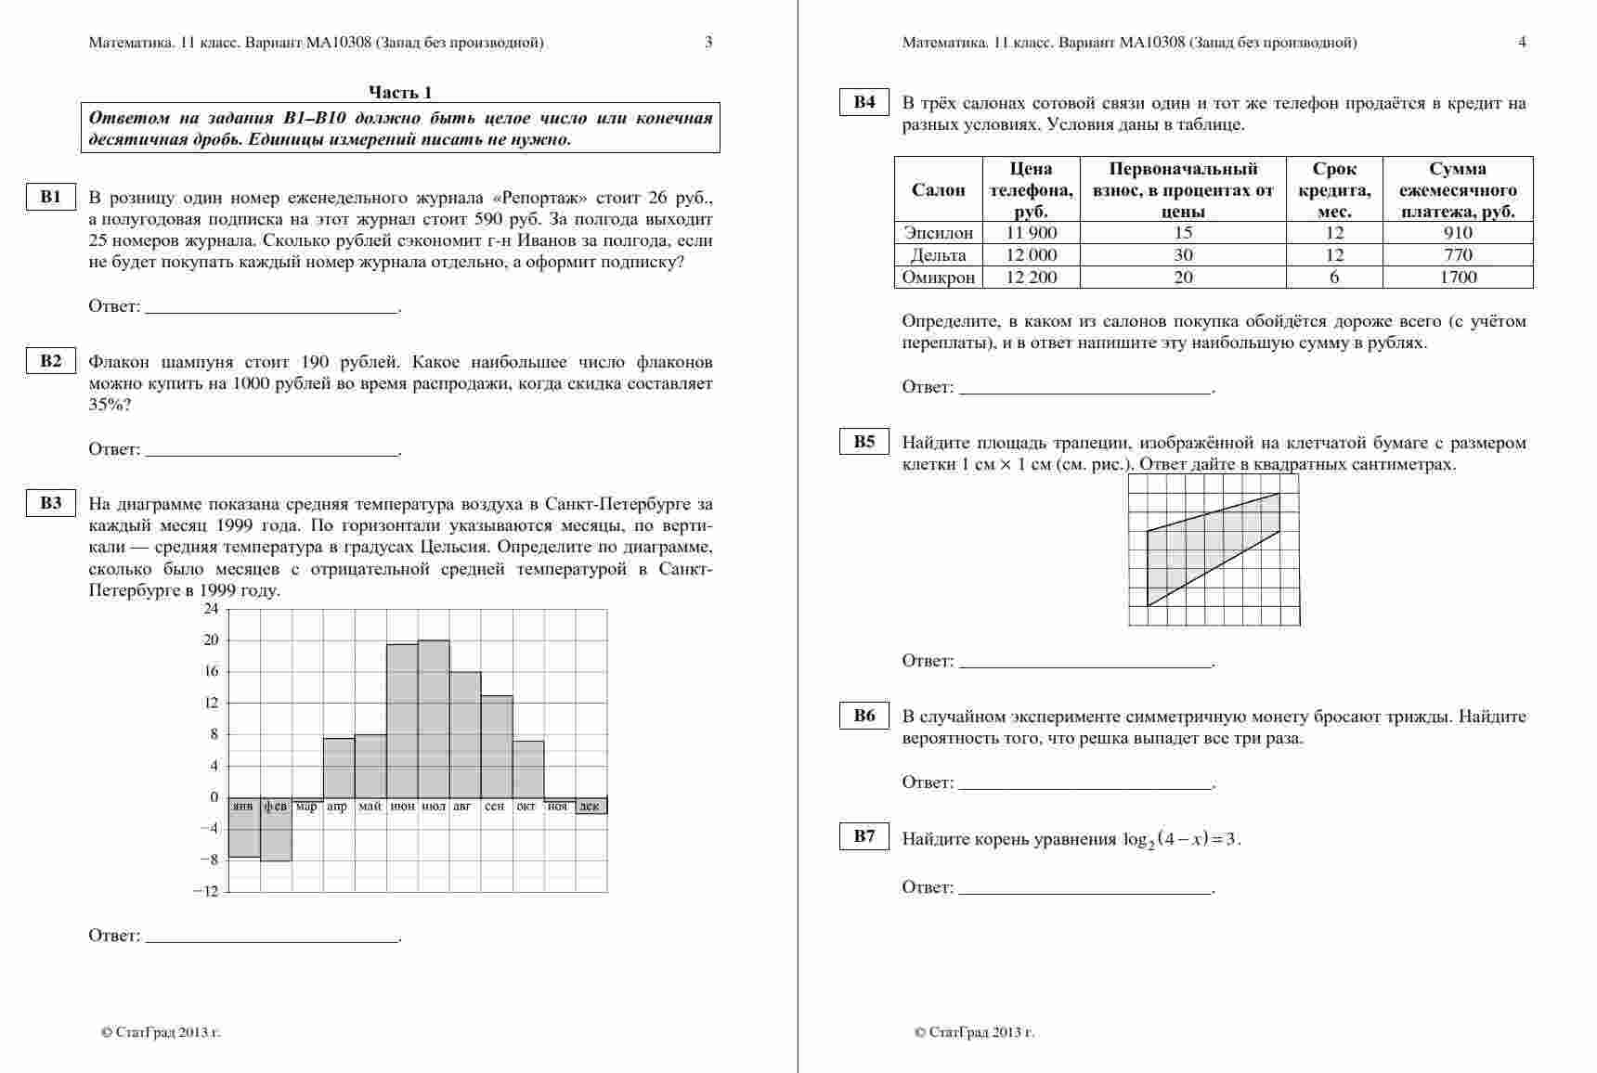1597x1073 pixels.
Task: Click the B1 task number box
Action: [50, 198]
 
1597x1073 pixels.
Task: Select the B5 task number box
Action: [864, 443]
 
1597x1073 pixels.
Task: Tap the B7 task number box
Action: [864, 837]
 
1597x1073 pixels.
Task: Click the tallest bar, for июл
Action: [434, 718]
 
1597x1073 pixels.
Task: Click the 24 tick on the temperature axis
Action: [211, 609]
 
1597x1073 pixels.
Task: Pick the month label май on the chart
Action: [370, 807]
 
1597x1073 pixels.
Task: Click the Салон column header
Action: [938, 190]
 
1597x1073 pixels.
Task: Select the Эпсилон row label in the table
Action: [938, 233]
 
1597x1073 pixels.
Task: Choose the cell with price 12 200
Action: [1031, 278]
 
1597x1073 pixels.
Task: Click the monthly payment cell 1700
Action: [1458, 278]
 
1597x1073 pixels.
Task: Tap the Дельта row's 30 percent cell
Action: [1183, 255]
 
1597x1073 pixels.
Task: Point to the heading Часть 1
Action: [400, 92]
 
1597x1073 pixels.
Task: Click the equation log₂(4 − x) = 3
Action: [1181, 840]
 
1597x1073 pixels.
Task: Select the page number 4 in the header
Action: [1522, 42]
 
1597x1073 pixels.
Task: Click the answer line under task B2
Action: [273, 453]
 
